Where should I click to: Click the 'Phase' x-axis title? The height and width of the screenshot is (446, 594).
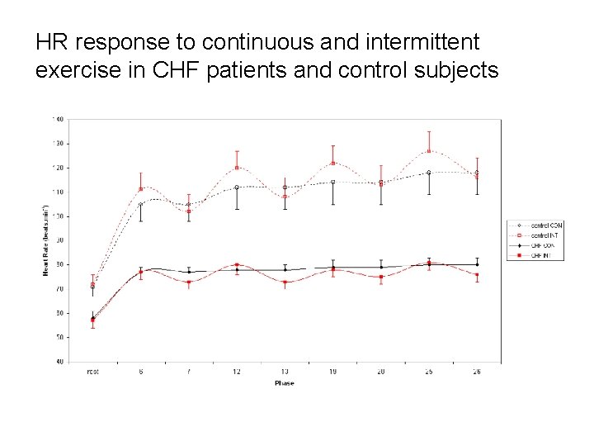tap(284, 383)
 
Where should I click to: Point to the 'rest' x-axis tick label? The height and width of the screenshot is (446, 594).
tap(92, 372)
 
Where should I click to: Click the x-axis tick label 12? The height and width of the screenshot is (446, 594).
tap(237, 372)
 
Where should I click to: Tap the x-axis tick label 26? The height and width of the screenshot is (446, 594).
tap(477, 372)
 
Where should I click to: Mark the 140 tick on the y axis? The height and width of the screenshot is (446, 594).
tap(59, 119)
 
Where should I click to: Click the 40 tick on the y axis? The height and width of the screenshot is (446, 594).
tap(59, 362)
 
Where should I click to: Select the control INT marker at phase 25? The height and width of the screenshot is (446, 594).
tap(429, 150)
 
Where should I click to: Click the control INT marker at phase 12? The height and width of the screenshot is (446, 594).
tap(237, 168)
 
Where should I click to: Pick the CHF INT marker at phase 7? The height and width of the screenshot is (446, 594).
tap(189, 282)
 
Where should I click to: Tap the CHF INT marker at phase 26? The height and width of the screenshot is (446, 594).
tap(477, 275)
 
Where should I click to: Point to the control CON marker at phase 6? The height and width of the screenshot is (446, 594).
tap(141, 204)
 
